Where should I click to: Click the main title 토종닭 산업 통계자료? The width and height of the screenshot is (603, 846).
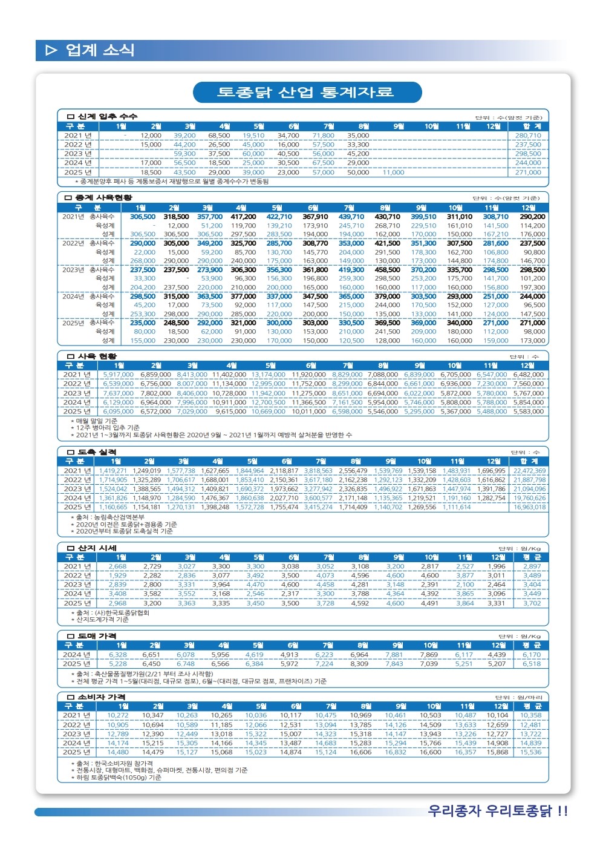click(306, 93)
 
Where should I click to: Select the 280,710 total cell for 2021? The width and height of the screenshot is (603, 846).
click(527, 136)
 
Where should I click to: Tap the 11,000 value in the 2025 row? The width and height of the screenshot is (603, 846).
click(393, 172)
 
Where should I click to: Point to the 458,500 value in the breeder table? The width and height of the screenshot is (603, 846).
click(387, 270)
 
